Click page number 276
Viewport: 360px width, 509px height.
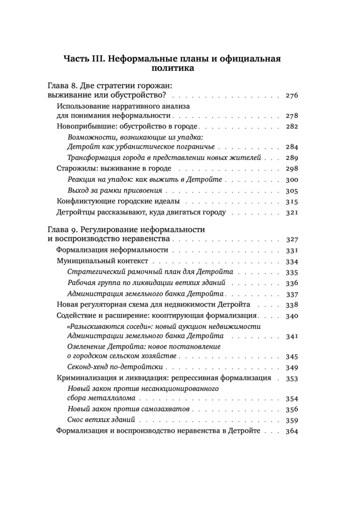(x=292, y=96)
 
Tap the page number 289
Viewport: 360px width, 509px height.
(x=292, y=158)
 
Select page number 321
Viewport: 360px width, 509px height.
(x=292, y=213)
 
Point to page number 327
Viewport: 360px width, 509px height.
(x=292, y=240)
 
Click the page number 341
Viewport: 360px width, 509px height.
(x=292, y=337)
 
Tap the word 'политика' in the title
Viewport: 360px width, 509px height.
(x=173, y=68)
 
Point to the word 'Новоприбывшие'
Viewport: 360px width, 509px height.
(x=86, y=126)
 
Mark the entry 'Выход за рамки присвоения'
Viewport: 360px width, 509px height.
(x=115, y=191)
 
